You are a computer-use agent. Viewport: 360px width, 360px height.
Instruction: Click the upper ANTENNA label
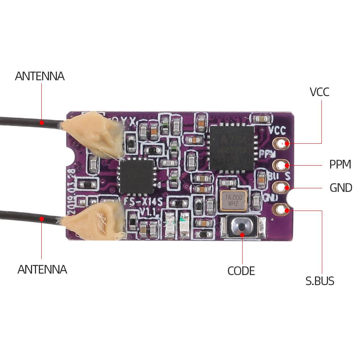[x=40, y=76]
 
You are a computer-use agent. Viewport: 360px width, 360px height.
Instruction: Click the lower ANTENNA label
[x=42, y=269]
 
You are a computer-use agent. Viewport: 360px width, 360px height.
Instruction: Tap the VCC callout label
[x=319, y=92]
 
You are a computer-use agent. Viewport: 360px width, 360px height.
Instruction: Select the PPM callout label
[x=340, y=165]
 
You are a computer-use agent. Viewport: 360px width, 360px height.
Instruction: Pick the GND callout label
[x=341, y=188]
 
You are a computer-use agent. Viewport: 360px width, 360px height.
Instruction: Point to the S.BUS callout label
[x=320, y=281]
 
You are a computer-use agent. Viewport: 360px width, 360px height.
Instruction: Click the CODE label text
[x=241, y=271]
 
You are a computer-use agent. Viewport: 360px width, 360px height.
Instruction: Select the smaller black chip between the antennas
[x=136, y=176]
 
